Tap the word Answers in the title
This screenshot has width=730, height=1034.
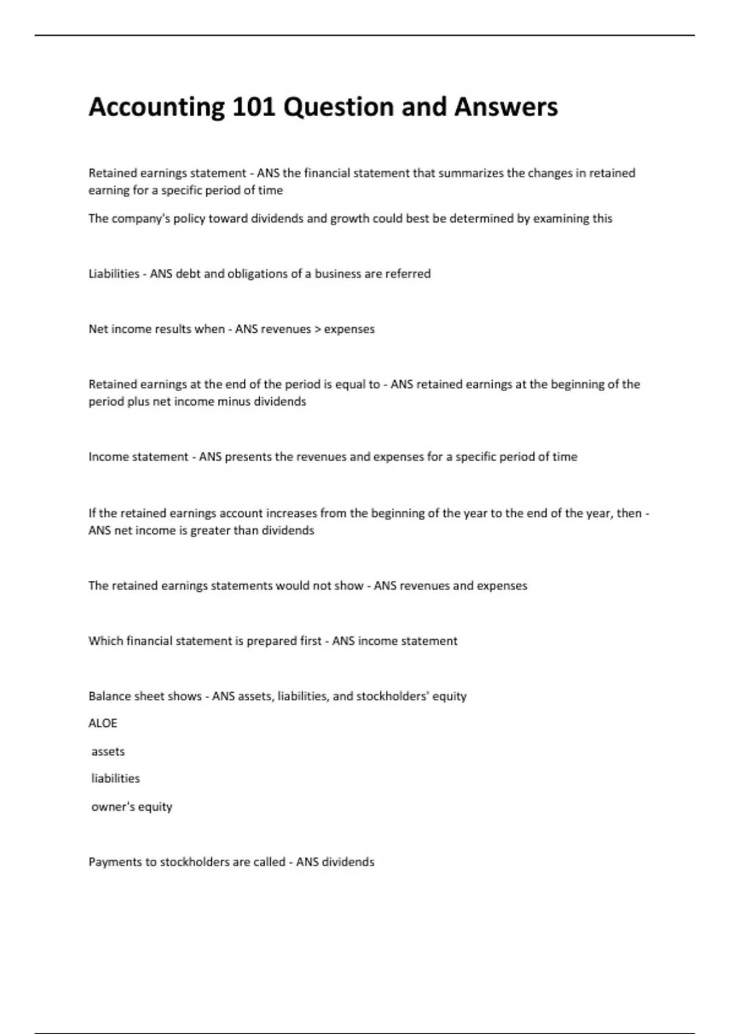(506, 107)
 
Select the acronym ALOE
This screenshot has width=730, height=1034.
(103, 723)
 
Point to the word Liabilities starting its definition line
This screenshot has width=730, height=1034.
(114, 274)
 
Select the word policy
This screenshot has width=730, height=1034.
(189, 219)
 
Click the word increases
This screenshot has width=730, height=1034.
(291, 513)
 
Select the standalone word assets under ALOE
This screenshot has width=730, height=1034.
(108, 752)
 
